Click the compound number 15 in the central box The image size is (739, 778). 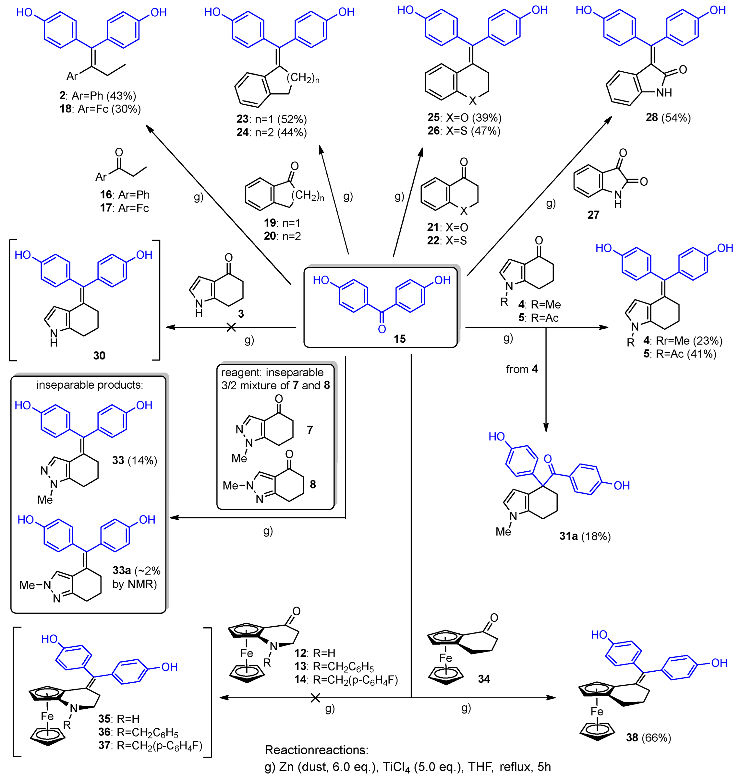[399, 339]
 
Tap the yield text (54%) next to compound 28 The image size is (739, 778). [676, 117]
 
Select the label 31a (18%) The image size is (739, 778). [585, 536]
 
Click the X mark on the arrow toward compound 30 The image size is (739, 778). [231, 327]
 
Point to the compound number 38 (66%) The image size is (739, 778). [648, 737]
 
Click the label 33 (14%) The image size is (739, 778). [134, 460]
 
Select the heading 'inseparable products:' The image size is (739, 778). [90, 385]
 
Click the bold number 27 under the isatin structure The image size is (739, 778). [593, 215]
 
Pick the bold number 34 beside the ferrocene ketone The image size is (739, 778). [484, 678]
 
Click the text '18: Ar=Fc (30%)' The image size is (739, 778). [100, 109]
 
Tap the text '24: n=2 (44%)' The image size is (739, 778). [272, 132]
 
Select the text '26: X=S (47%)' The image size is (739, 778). [464, 131]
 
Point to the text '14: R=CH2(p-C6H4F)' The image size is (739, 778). [346, 679]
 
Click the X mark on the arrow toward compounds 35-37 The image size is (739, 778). [315, 698]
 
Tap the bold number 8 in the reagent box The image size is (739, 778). [312, 484]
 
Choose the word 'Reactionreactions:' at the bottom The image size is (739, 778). [316, 750]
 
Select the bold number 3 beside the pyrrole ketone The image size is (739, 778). [241, 313]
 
